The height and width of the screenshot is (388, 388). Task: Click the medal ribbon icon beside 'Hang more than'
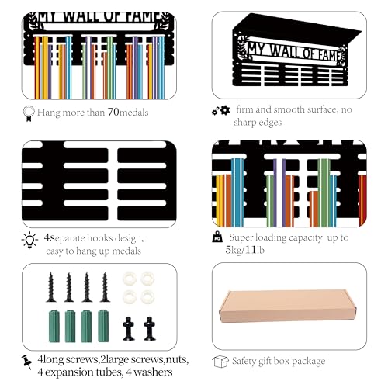pyautogui.click(x=29, y=113)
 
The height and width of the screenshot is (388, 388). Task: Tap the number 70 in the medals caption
pyautogui.click(x=113, y=112)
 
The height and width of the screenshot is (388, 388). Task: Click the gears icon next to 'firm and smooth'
pyautogui.click(x=221, y=110)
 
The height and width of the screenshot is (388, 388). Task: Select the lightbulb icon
pyautogui.click(x=29, y=240)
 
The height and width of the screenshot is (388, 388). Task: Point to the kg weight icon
pyautogui.click(x=217, y=237)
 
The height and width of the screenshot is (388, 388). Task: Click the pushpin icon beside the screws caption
pyautogui.click(x=27, y=362)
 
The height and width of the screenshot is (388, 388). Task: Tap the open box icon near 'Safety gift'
pyautogui.click(x=220, y=362)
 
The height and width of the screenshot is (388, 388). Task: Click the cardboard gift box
pyautogui.click(x=288, y=306)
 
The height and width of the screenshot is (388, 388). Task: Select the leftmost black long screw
pyautogui.click(x=51, y=287)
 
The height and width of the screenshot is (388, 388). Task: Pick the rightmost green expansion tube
pyautogui.click(x=103, y=326)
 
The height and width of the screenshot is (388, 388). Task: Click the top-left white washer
pyautogui.click(x=130, y=279)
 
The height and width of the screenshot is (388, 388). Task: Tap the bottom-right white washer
pyautogui.click(x=147, y=297)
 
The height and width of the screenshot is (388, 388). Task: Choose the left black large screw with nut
pyautogui.click(x=128, y=328)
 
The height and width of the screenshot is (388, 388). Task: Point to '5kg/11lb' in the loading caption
pyautogui.click(x=245, y=250)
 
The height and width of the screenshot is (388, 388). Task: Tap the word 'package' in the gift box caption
pyautogui.click(x=308, y=362)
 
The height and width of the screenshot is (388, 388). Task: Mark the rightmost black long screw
pyautogui.click(x=105, y=287)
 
